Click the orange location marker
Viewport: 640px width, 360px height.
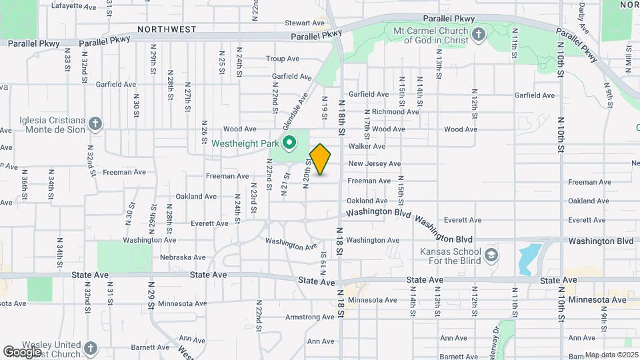(321, 160)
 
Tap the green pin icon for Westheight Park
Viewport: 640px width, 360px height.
(289, 143)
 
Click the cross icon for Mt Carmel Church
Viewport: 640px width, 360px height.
(477, 35)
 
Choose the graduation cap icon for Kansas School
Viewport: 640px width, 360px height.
(491, 255)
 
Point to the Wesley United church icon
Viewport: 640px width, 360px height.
(90, 349)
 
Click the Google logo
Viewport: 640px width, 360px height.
(22, 351)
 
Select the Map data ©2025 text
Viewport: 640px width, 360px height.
(611, 355)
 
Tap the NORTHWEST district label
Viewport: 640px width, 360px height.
(167, 29)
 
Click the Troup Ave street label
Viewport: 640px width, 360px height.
(285, 59)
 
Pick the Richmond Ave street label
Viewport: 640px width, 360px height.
(395, 112)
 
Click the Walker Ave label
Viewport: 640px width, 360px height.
(367, 146)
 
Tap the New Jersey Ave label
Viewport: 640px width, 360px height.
(374, 164)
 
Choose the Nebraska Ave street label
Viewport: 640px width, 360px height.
(183, 257)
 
